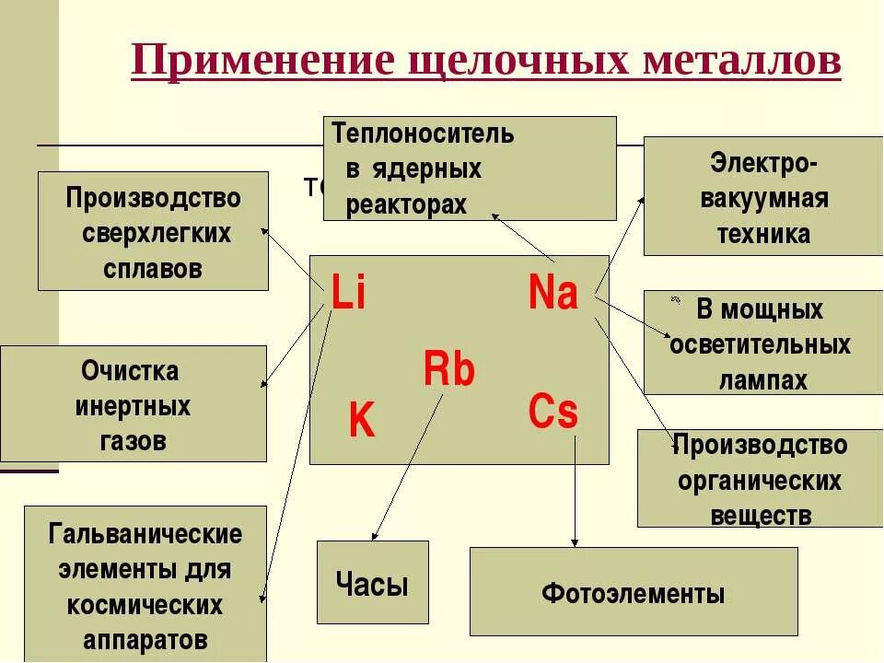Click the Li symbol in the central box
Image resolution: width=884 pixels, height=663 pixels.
(x=348, y=295)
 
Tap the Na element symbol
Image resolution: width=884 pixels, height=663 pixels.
(x=553, y=294)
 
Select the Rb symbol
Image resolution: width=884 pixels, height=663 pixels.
(x=449, y=370)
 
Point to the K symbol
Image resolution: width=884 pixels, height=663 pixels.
(x=362, y=423)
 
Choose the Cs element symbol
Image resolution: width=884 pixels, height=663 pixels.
(x=553, y=413)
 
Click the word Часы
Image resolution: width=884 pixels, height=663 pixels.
(x=372, y=583)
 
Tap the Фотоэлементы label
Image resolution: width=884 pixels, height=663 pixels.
(x=633, y=593)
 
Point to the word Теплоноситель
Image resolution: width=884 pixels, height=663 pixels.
(x=424, y=134)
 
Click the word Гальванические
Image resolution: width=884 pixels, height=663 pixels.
(x=145, y=534)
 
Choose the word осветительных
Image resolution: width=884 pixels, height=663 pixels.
(x=761, y=345)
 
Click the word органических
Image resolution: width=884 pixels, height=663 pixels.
(x=761, y=481)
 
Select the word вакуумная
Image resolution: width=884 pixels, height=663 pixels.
(x=764, y=199)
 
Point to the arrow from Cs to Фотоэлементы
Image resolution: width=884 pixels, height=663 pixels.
(x=576, y=493)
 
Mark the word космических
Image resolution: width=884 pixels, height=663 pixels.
(x=145, y=606)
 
